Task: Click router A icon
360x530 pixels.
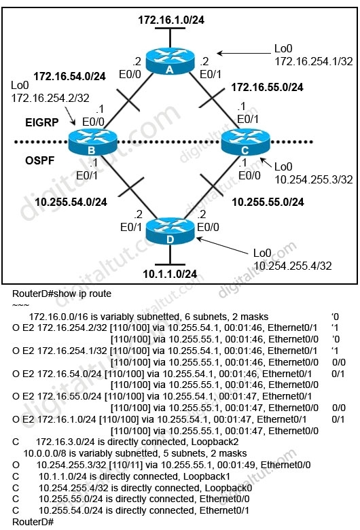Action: click(170, 61)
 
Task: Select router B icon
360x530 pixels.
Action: click(92, 142)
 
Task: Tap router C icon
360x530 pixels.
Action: click(245, 142)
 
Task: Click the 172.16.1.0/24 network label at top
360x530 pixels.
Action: click(171, 20)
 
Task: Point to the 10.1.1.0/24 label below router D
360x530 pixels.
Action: click(170, 274)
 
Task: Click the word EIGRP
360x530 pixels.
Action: click(42, 122)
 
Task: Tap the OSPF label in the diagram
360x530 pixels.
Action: click(39, 160)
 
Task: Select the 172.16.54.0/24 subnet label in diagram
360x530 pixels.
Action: click(70, 76)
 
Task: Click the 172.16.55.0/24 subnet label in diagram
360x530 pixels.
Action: click(267, 87)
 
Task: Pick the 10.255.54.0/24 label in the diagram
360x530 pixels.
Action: click(71, 202)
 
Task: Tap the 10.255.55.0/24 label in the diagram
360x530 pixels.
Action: click(268, 202)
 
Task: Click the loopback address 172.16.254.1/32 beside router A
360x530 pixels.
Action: click(313, 61)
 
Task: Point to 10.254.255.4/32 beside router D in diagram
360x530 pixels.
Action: click(292, 266)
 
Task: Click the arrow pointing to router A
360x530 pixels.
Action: click(243, 53)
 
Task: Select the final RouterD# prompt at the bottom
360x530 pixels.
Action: click(33, 522)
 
